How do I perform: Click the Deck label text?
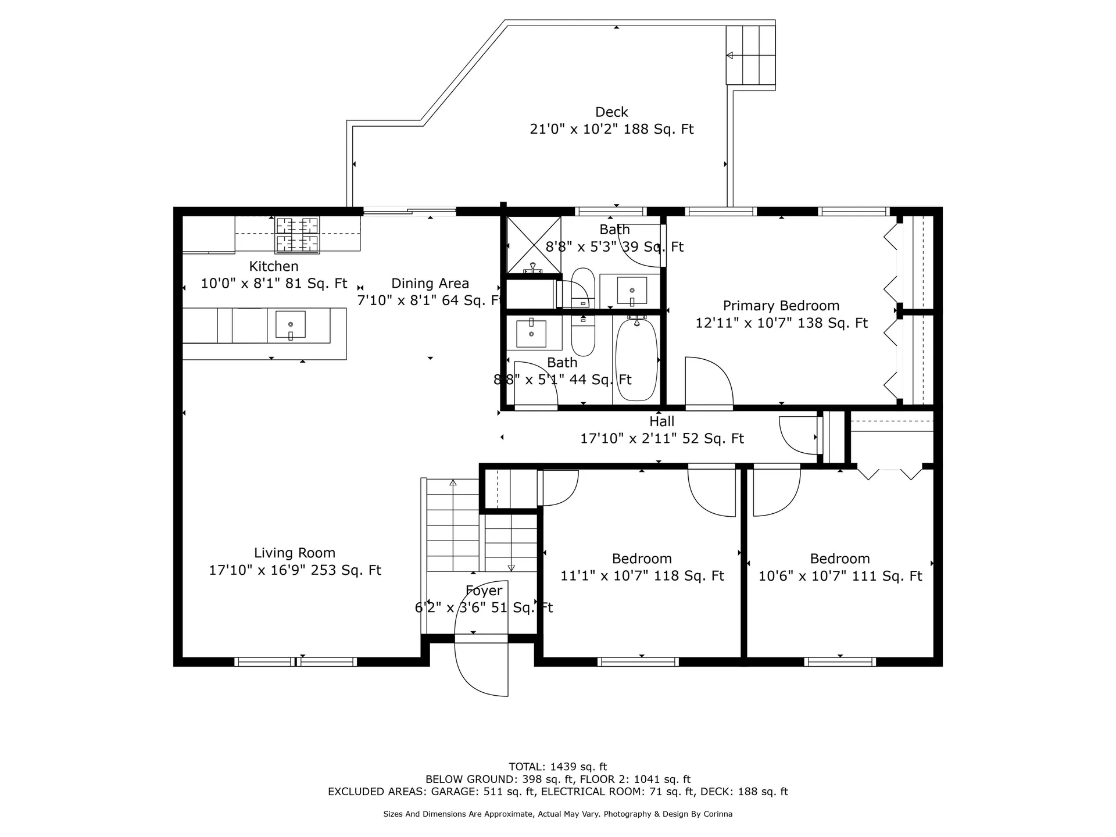611,112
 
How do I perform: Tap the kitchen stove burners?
297,234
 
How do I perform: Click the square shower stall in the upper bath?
534,245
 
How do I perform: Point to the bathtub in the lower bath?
636,359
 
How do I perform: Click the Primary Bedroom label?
781,306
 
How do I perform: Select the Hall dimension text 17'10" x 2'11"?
661,439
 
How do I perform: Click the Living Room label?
294,553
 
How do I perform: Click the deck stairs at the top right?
750,55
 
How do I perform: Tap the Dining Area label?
430,284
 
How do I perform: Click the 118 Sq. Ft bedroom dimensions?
642,576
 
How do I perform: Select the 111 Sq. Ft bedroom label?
839,559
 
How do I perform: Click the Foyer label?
484,591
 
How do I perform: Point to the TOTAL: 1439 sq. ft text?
557,767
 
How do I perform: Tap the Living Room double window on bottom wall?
295,661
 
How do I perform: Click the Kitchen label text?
274,266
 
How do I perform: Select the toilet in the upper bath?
582,288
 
